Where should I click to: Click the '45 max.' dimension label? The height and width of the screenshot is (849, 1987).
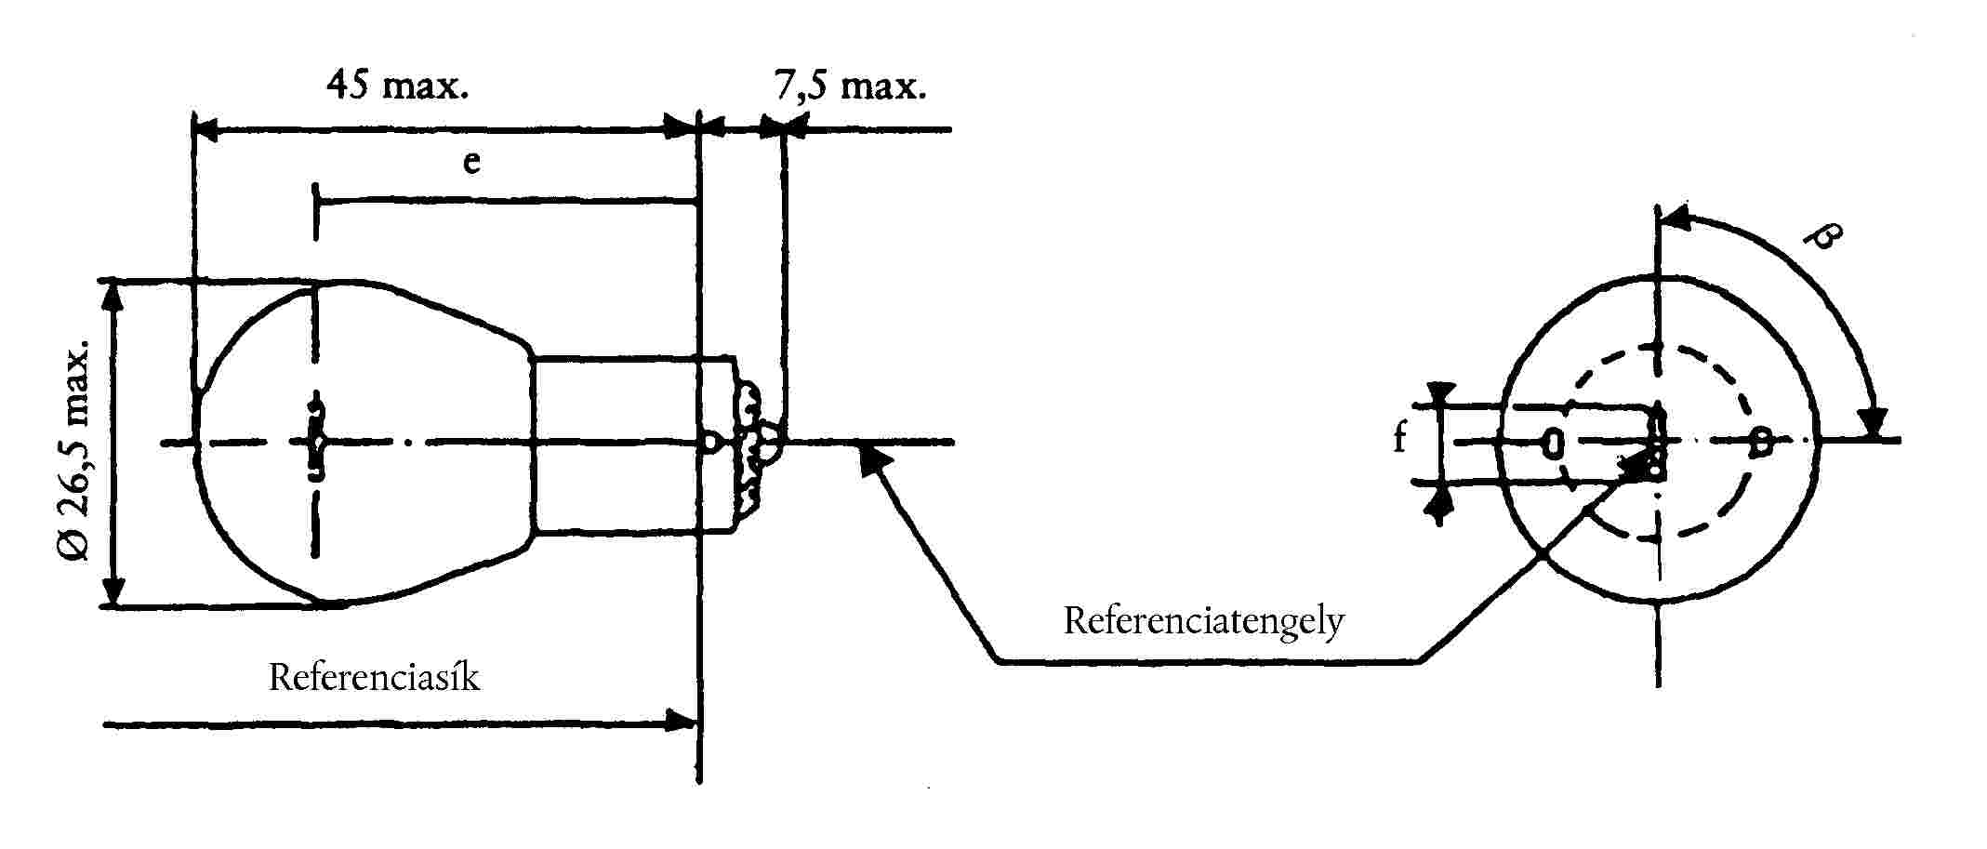pos(398,86)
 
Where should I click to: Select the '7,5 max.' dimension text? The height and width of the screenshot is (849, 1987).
pos(850,86)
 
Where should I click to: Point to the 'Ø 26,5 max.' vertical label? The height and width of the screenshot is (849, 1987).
pos(75,449)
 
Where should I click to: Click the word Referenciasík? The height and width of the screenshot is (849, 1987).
pos(374,677)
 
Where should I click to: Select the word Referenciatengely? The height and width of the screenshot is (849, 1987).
pos(1204,620)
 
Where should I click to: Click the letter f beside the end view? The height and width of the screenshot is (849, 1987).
pos(1400,437)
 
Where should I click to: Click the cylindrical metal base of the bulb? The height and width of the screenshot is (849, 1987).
pos(632,444)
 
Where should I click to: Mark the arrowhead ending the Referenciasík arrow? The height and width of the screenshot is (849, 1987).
pos(681,722)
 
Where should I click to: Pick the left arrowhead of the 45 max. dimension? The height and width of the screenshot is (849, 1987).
pos(206,130)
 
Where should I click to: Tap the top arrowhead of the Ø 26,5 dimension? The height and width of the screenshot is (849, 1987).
pos(113,297)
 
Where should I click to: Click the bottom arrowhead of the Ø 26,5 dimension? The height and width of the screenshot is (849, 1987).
pos(113,590)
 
